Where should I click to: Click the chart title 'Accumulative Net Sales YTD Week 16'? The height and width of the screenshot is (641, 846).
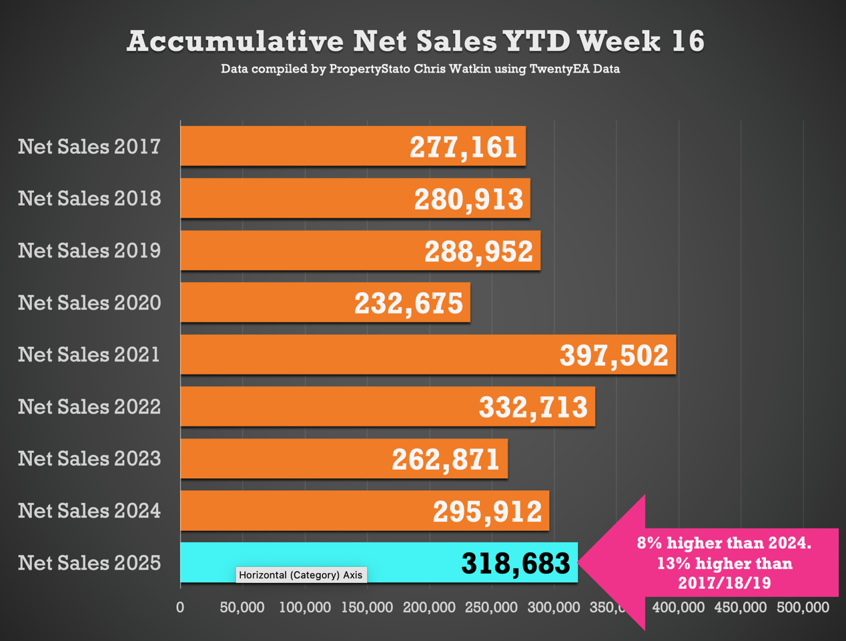415,41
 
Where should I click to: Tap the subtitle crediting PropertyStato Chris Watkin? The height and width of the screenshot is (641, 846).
420,69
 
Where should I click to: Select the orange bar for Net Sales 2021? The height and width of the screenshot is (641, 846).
367,355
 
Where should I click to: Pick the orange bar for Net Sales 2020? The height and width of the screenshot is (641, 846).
267,303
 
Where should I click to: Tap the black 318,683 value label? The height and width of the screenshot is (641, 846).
516,564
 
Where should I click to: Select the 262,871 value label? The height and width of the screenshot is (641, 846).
446,460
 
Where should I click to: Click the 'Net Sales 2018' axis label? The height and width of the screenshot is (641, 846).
89,199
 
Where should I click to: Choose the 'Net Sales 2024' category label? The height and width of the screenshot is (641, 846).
89,511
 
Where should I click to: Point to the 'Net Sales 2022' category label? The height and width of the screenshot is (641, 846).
89,407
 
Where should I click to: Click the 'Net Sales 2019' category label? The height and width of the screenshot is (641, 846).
89,251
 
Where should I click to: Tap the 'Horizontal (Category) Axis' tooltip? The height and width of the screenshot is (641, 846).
301,575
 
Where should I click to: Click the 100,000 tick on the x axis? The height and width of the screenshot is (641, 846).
305,608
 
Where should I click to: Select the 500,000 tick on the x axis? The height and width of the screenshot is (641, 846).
803,608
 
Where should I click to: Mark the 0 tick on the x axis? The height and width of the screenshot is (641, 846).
180,608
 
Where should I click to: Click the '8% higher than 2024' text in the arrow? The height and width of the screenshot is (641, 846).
724,543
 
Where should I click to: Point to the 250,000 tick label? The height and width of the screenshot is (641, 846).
492,608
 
